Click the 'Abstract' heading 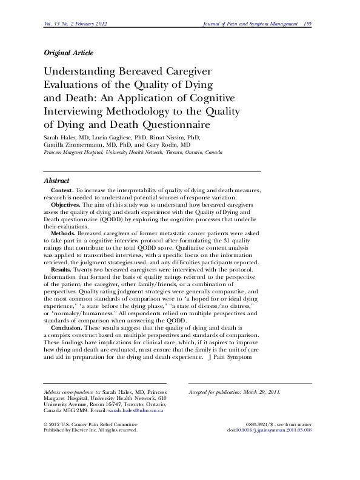[57, 181]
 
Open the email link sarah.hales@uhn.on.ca [142, 411]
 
